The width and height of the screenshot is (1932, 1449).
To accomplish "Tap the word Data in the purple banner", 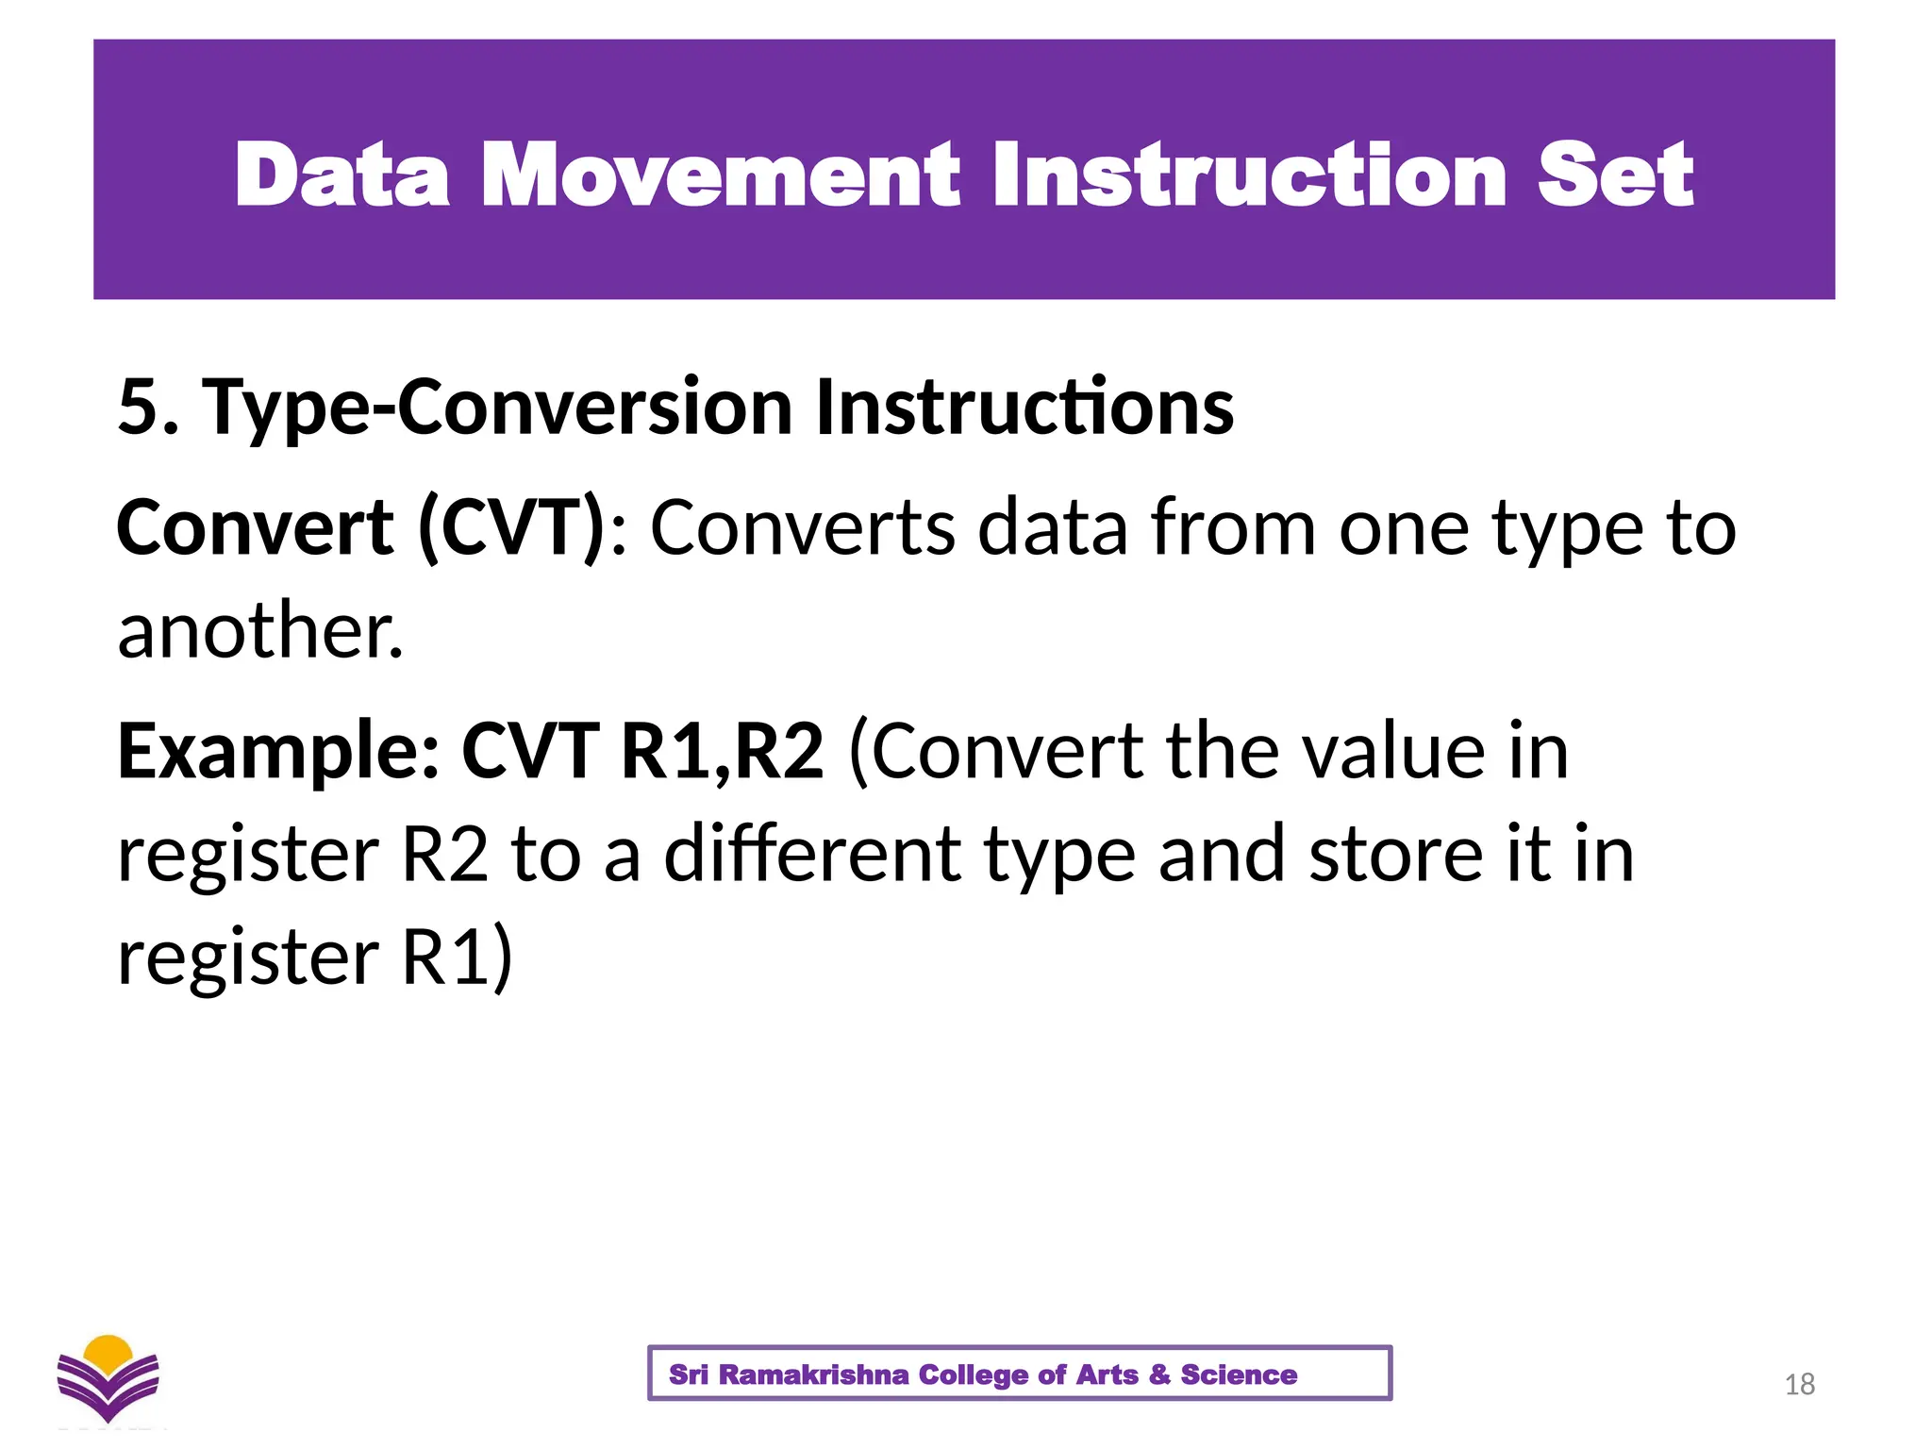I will click(341, 175).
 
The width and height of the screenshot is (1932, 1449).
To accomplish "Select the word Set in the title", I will click(1615, 175).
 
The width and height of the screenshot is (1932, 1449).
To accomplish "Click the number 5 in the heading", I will click(138, 408).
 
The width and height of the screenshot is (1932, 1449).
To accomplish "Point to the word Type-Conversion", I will click(497, 408).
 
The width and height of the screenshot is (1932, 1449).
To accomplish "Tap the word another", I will click(259, 630).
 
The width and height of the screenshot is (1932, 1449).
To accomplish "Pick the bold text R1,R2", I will click(722, 752).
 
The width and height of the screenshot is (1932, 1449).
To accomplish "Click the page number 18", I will click(1800, 1384).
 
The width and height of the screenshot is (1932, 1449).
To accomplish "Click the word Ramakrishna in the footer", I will click(813, 1374).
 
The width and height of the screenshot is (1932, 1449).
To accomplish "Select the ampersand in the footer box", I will click(1159, 1374).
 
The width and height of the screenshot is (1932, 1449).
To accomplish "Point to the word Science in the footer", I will click(1239, 1374).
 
